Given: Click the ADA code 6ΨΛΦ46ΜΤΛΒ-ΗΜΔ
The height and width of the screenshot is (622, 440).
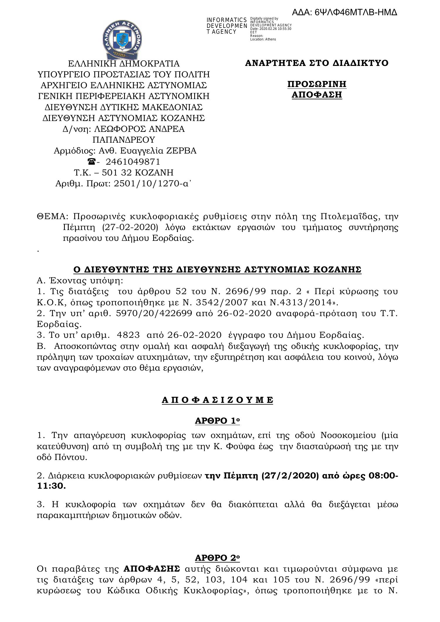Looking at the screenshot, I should (x=345, y=13).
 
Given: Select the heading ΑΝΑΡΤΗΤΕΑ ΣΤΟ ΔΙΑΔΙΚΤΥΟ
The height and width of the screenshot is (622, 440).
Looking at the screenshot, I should (x=317, y=63).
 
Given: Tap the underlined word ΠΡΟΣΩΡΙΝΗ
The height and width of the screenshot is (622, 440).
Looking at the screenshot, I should (x=317, y=84).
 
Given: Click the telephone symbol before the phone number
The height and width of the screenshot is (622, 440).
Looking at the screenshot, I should (x=92, y=161).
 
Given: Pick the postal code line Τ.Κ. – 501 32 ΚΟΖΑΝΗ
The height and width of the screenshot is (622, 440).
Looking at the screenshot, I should (x=123, y=173).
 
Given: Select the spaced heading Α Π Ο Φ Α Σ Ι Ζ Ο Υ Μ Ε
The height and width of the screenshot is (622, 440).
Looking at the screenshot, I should (x=217, y=400).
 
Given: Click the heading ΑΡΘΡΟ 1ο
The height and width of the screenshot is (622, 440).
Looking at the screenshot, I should (x=217, y=421).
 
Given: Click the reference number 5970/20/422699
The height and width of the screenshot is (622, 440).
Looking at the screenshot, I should (x=154, y=313).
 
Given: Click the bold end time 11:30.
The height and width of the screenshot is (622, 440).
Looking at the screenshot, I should (x=51, y=486).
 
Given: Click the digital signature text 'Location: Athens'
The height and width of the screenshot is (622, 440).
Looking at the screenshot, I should (x=263, y=39).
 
